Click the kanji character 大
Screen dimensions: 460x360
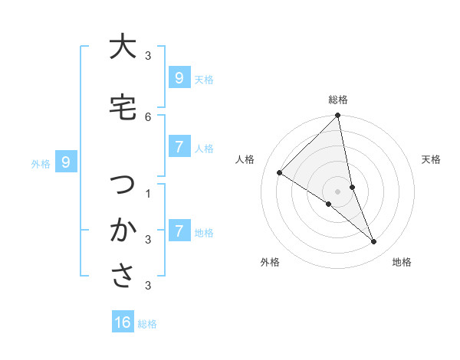pos(122,47)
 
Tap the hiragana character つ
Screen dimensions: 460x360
pos(122,185)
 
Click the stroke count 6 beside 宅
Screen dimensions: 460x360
pos(148,116)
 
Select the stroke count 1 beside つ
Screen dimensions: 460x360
pos(148,193)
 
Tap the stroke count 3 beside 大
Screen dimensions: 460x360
pos(148,56)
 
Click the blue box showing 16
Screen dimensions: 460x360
pos(123,322)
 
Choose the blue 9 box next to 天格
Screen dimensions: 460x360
pos(179,77)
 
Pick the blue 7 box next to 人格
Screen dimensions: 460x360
pos(179,147)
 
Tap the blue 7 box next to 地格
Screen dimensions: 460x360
pos(179,231)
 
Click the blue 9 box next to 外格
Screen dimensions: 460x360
pos(66,162)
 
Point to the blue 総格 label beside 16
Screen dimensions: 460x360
pos(147,324)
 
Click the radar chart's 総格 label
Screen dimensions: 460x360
pos(338,100)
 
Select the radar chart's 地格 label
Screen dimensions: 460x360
pos(402,262)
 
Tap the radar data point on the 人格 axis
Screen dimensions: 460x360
pos(280,173)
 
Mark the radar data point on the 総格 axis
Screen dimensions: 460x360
pos(338,116)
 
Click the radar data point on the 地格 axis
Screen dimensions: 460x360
pos(374,242)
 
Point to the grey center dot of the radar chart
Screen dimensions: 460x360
pos(338,191)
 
